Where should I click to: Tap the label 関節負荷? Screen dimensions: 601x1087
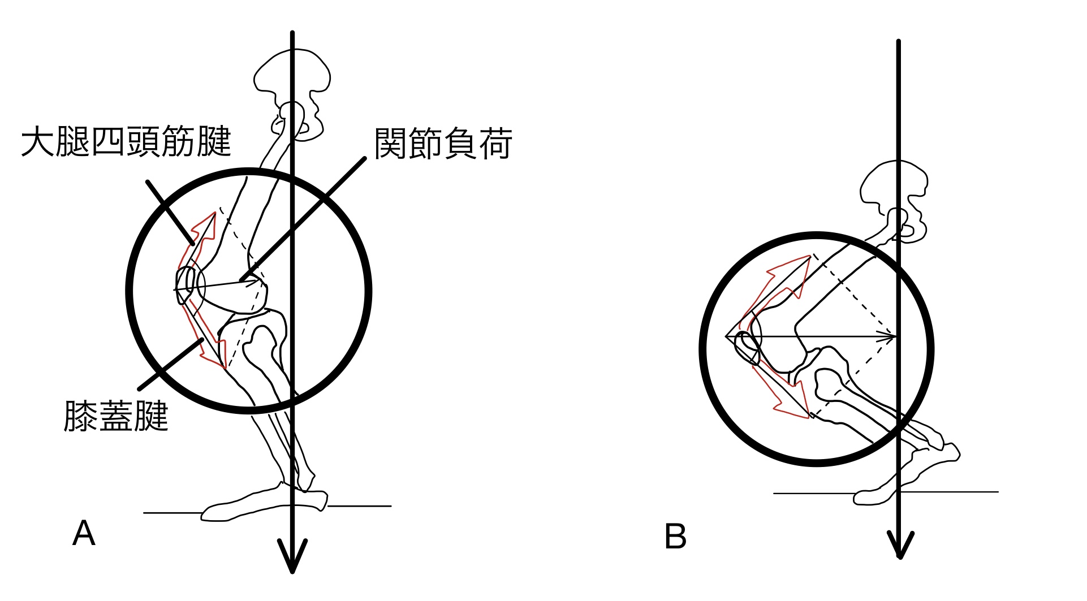(443, 144)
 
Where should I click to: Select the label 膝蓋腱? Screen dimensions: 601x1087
(116, 416)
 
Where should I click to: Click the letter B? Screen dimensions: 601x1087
(675, 537)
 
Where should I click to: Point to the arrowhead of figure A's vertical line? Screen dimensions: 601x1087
(292, 560)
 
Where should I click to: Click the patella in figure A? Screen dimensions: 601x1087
(186, 286)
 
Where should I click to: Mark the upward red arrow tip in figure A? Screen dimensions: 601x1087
(214, 214)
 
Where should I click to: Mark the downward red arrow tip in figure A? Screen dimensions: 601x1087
(225, 367)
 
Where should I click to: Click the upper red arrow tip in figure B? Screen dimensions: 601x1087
(810, 256)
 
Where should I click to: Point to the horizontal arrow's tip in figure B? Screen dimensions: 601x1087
(895, 337)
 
